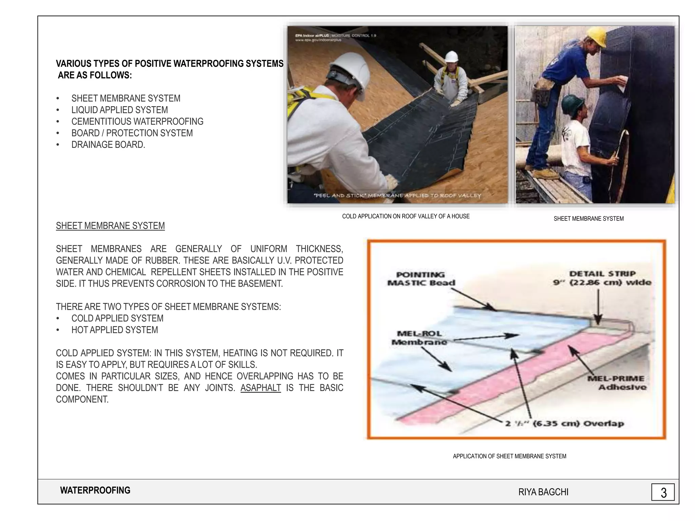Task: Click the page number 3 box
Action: click(x=663, y=492)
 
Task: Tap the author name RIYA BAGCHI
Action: click(x=543, y=492)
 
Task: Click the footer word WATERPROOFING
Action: click(x=95, y=490)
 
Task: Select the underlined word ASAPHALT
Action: click(x=261, y=388)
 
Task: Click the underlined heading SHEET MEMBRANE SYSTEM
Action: click(x=110, y=226)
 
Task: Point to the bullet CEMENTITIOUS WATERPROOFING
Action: click(x=137, y=121)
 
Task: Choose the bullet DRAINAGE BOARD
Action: click(x=108, y=144)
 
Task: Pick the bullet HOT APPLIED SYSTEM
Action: click(x=114, y=330)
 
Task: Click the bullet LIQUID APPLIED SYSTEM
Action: click(x=119, y=110)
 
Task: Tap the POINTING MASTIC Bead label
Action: click(x=421, y=279)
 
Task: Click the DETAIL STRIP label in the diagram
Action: click(x=602, y=278)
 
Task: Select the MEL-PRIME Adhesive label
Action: click(x=616, y=383)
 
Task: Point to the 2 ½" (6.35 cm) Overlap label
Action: click(x=564, y=424)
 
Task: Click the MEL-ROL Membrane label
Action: click(x=419, y=338)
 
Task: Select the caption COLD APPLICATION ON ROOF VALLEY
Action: click(x=406, y=216)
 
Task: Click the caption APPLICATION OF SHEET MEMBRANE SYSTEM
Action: click(x=509, y=456)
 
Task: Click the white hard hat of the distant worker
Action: click(x=451, y=56)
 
